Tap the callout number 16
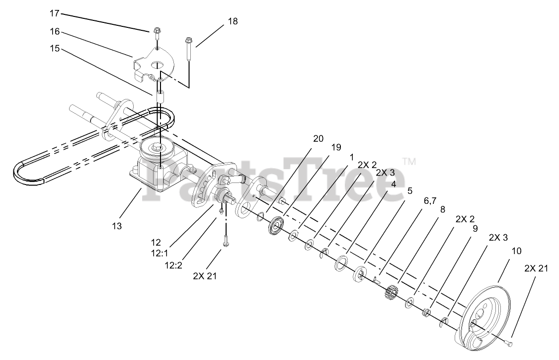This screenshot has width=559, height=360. [55, 31]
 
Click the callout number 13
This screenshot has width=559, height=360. [116, 226]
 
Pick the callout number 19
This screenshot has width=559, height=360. [336, 147]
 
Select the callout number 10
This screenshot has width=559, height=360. [517, 251]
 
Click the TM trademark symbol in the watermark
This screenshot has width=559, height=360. [409, 161]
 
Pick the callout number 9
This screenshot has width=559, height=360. [475, 229]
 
